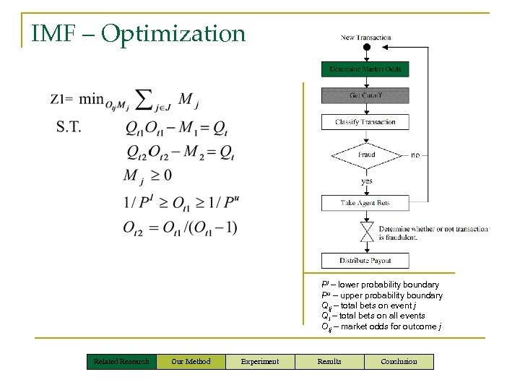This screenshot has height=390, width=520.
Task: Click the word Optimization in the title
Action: pyautogui.click(x=173, y=33)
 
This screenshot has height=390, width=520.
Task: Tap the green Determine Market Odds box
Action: pyautogui.click(x=365, y=69)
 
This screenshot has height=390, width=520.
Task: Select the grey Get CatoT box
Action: pyautogui.click(x=365, y=95)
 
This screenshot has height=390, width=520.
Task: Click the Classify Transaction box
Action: pyautogui.click(x=365, y=122)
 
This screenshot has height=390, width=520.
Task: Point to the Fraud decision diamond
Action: pyautogui.click(x=365, y=155)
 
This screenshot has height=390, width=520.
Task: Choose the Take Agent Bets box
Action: pyautogui.click(x=365, y=203)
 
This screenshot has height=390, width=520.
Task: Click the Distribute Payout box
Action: pyautogui.click(x=365, y=261)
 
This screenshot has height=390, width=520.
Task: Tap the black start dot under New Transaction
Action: pyautogui.click(x=366, y=48)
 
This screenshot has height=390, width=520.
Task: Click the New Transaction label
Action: pyautogui.click(x=366, y=38)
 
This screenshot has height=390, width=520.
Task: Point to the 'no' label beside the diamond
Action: pyautogui.click(x=415, y=155)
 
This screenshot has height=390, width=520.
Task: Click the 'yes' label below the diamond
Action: pyautogui.click(x=367, y=181)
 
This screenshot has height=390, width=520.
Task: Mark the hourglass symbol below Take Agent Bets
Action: pyautogui.click(x=366, y=231)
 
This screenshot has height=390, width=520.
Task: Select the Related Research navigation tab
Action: pyautogui.click(x=121, y=361)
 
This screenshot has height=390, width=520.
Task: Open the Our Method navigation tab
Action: pyautogui.click(x=191, y=361)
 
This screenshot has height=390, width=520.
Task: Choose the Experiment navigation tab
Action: pyautogui.click(x=259, y=361)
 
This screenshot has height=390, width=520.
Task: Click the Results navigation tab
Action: pyautogui.click(x=329, y=361)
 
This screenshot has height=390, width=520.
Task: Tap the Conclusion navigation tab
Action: pyautogui.click(x=399, y=361)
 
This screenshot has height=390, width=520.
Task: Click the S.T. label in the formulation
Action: pyautogui.click(x=69, y=126)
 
